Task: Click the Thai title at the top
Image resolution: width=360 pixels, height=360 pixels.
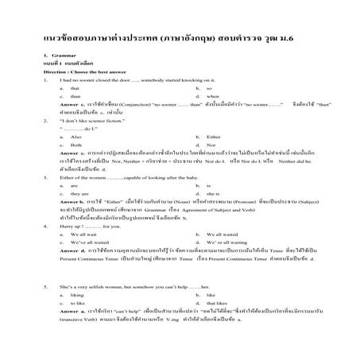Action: [179, 37]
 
